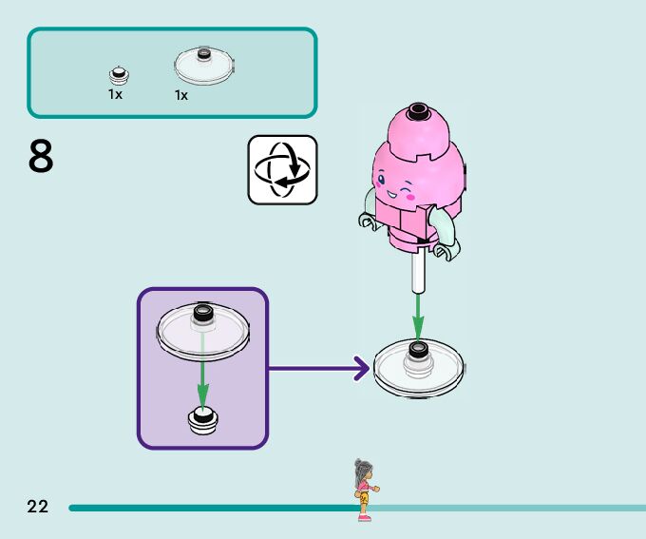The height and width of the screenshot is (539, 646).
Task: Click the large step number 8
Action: (x=41, y=158)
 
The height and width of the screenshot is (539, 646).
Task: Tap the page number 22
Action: (x=37, y=507)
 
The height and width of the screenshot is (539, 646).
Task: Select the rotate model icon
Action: (x=282, y=169)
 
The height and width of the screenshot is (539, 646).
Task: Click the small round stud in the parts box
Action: (x=118, y=74)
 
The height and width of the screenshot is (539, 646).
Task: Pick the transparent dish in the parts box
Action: (x=201, y=67)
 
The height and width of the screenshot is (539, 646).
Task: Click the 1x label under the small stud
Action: (x=115, y=94)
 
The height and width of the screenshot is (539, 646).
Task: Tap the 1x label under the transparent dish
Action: (x=181, y=95)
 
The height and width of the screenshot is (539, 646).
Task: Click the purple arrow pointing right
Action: (x=319, y=367)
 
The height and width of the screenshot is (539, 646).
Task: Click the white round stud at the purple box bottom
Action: (x=201, y=419)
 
